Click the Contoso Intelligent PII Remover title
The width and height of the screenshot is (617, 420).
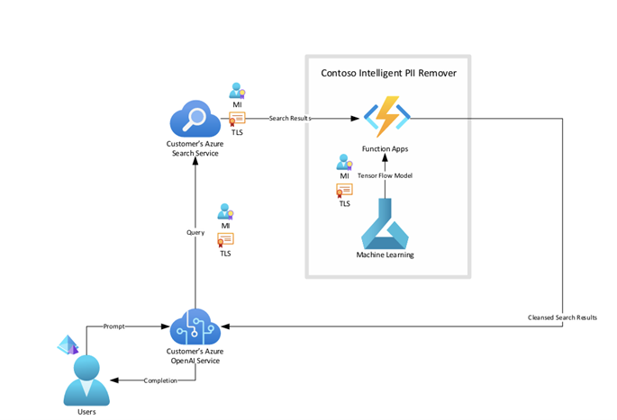click(x=388, y=72)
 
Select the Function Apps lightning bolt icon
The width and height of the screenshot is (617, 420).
click(x=386, y=118)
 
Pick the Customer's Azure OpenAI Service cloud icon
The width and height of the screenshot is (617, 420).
click(x=195, y=326)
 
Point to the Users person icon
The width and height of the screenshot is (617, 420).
click(x=86, y=379)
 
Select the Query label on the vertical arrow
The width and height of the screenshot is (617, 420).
click(x=195, y=231)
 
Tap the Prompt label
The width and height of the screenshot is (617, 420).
click(x=114, y=326)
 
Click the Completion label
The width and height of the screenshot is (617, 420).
click(x=161, y=380)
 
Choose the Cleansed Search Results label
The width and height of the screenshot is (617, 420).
click(x=562, y=317)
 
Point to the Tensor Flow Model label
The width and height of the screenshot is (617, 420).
click(x=385, y=175)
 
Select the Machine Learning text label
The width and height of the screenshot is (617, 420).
click(x=386, y=255)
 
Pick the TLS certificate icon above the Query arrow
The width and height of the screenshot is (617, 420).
click(x=225, y=239)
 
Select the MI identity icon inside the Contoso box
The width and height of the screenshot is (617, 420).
click(x=344, y=163)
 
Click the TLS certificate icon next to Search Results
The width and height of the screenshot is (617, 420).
click(x=237, y=118)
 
